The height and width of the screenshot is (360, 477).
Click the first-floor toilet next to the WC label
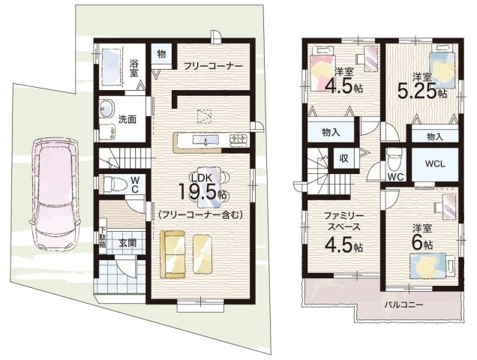(x=113, y=184)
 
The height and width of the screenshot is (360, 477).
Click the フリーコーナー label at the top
(x=214, y=66)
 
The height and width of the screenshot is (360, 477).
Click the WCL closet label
(x=434, y=163)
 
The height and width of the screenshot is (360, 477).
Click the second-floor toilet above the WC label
(x=395, y=159)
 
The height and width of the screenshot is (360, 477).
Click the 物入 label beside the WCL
(x=434, y=136)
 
